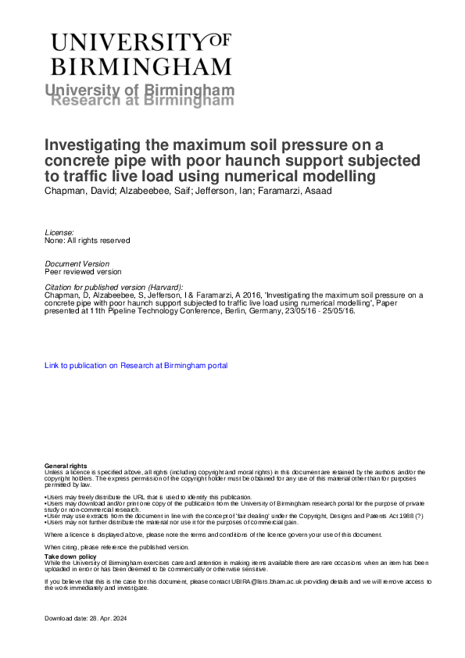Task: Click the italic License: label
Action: click(60, 233)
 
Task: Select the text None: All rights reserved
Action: click(87, 241)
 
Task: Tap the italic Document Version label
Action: click(77, 264)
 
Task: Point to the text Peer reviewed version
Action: click(84, 272)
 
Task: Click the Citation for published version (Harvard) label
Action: click(114, 288)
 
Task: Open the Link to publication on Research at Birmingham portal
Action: click(136, 365)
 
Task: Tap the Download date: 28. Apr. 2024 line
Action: click(85, 619)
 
